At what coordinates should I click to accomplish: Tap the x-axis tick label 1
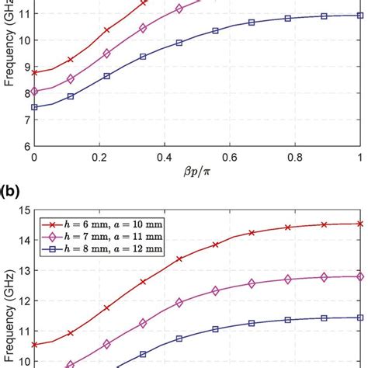[x=359, y=157]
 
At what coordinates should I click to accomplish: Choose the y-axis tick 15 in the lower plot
[x=23, y=210]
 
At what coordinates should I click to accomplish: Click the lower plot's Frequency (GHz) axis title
[x=9, y=287]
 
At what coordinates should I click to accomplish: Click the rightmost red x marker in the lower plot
[x=359, y=224]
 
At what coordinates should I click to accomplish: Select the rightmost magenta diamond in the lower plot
[x=359, y=276]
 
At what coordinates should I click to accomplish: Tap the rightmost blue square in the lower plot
[x=359, y=317]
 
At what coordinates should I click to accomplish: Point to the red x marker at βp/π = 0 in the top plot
[x=34, y=72]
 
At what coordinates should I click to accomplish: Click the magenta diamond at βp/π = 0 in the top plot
[x=34, y=92]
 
